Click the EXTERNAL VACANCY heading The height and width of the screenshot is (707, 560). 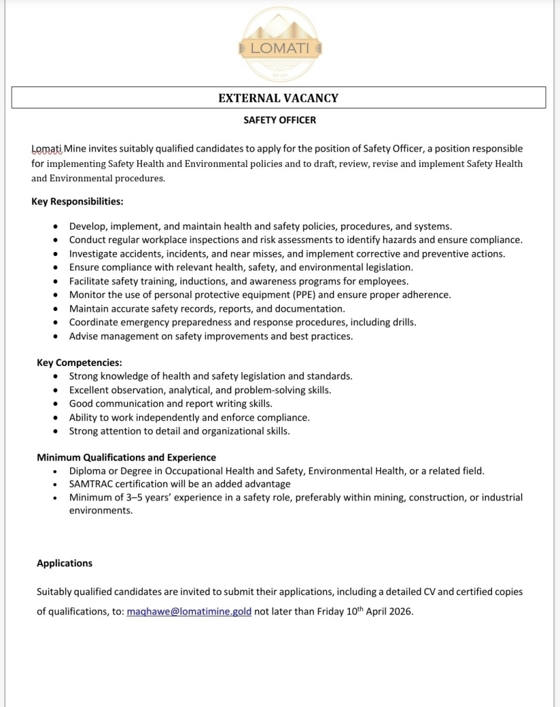click(278, 98)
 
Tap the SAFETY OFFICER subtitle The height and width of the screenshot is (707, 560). click(279, 120)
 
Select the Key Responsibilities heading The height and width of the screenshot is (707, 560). click(77, 202)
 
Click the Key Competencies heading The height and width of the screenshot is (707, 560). click(79, 362)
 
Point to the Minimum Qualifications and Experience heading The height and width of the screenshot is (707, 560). click(126, 457)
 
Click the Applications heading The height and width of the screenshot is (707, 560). click(65, 563)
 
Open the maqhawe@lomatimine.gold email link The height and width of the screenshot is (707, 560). click(189, 611)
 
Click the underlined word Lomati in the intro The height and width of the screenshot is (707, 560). click(47, 148)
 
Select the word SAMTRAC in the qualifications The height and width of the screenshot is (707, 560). click(91, 484)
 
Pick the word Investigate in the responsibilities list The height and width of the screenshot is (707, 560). click(94, 253)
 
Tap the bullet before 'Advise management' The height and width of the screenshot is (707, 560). click(56, 336)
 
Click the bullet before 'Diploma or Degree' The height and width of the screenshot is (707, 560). click(56, 471)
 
